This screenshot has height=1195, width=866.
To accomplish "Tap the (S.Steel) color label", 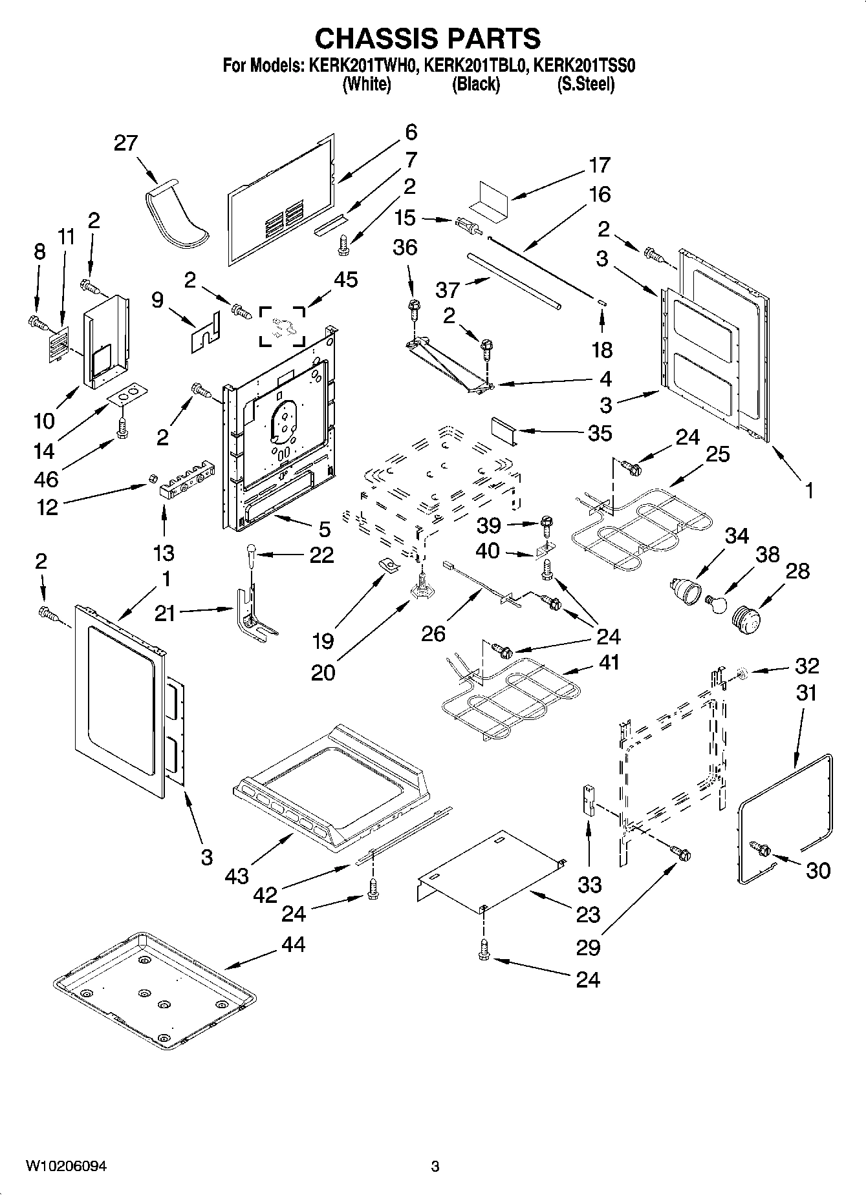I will point(585,84).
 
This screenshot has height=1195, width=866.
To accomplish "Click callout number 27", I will point(126,143).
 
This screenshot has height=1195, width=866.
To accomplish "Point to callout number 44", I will point(293,945).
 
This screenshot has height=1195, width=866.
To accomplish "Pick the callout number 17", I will point(600,165).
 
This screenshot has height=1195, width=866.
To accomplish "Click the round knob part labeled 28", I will point(747,617).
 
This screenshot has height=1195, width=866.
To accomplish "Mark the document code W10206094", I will point(66,1166).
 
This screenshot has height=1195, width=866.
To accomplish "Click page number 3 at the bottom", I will point(435,1166).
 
